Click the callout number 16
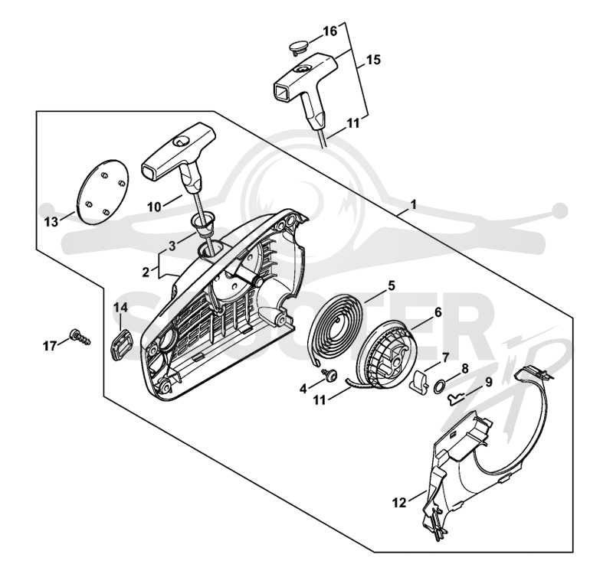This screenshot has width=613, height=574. (330, 31)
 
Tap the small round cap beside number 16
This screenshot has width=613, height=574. (298, 48)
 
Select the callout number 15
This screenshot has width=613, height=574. (374, 60)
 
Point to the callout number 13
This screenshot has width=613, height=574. (51, 222)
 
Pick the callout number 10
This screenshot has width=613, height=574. (154, 207)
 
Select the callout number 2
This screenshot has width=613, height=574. (146, 272)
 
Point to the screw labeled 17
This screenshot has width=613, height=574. (80, 337)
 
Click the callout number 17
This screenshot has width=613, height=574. (50, 346)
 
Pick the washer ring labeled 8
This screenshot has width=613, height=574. (439, 386)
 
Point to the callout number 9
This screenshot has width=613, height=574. (489, 382)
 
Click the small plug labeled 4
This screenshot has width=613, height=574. (331, 374)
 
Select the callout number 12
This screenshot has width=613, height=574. (399, 503)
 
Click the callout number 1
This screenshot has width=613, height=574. (413, 204)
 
